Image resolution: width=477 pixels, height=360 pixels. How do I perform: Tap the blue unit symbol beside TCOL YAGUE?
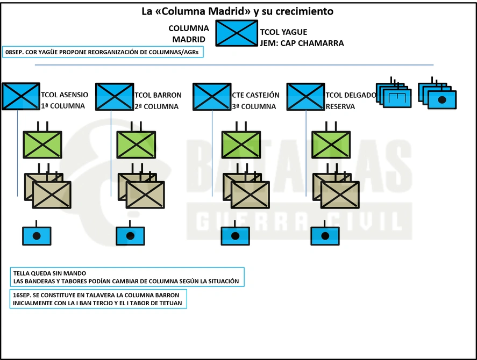pyautogui.click(x=237, y=33)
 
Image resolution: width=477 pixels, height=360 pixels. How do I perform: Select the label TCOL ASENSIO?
pyautogui.click(x=65, y=95)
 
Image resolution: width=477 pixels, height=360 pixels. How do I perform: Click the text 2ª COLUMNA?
pyautogui.click(x=156, y=106)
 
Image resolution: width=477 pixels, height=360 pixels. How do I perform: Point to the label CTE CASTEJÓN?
pyautogui.click(x=255, y=95)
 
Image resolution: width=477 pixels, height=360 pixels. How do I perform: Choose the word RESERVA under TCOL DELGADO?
pyautogui.click(x=340, y=106)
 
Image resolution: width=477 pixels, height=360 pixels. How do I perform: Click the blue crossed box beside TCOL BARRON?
pyautogui.click(x=115, y=96)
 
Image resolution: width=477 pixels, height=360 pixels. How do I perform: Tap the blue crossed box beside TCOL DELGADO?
pyautogui.click(x=305, y=96)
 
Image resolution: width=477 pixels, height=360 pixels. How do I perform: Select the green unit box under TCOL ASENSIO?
pyautogui.click(x=42, y=145)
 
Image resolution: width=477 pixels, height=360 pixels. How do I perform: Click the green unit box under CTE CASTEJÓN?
pyautogui.click(x=241, y=145)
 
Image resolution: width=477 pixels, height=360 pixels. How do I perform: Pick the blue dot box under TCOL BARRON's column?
pyautogui.click(x=130, y=236)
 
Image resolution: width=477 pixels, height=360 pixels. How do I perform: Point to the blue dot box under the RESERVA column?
pyautogui.click(x=325, y=236)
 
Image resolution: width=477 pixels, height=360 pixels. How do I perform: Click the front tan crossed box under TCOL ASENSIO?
pyautogui.click(x=52, y=195)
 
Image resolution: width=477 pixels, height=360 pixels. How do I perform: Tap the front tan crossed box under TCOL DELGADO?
pyautogui.click(x=340, y=195)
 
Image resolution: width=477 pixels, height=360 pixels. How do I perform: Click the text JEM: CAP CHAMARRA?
pyautogui.click(x=302, y=43)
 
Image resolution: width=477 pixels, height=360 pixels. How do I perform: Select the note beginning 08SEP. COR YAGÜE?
pyautogui.click(x=103, y=52)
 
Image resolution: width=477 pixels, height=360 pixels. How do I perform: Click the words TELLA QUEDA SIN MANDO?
pyautogui.click(x=49, y=273)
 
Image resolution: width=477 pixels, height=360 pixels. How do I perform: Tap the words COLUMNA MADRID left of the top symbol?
pyautogui.click(x=189, y=34)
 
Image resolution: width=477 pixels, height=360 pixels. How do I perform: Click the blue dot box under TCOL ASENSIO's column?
pyautogui.click(x=37, y=236)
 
